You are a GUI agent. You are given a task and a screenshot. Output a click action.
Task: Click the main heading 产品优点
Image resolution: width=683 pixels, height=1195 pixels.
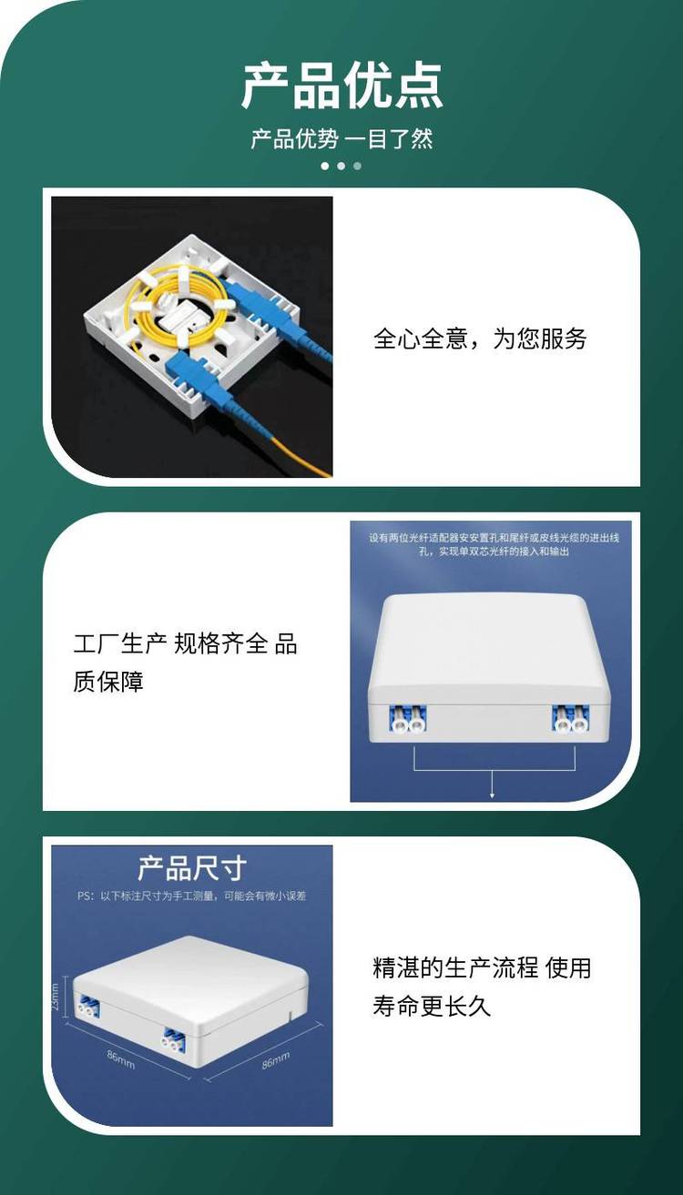pos(342,86)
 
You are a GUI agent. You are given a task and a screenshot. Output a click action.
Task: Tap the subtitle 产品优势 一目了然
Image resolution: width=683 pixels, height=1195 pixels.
pos(342,138)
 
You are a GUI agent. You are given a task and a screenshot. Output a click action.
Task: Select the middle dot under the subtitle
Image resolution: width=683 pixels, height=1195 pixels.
pos(341,166)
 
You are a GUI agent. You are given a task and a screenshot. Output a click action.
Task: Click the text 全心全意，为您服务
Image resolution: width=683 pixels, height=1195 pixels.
pos(480,339)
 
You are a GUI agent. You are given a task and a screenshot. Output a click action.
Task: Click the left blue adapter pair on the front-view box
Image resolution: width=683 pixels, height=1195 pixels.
pos(408,718)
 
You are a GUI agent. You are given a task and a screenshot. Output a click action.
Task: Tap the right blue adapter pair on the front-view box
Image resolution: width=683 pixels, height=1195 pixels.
pos(571,718)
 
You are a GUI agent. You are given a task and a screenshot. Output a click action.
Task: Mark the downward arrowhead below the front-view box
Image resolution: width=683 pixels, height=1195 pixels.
pos(492,795)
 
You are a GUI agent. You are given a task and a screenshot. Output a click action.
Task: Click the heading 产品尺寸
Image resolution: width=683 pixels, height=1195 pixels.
pos(192,868)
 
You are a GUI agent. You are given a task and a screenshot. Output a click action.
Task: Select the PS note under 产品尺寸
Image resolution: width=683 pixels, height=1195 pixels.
pos(191,896)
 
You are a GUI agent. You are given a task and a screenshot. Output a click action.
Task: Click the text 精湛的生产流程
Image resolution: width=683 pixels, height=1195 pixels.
pos(455,967)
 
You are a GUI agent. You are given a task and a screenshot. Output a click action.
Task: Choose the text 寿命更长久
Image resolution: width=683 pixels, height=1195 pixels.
pos(431,1006)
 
